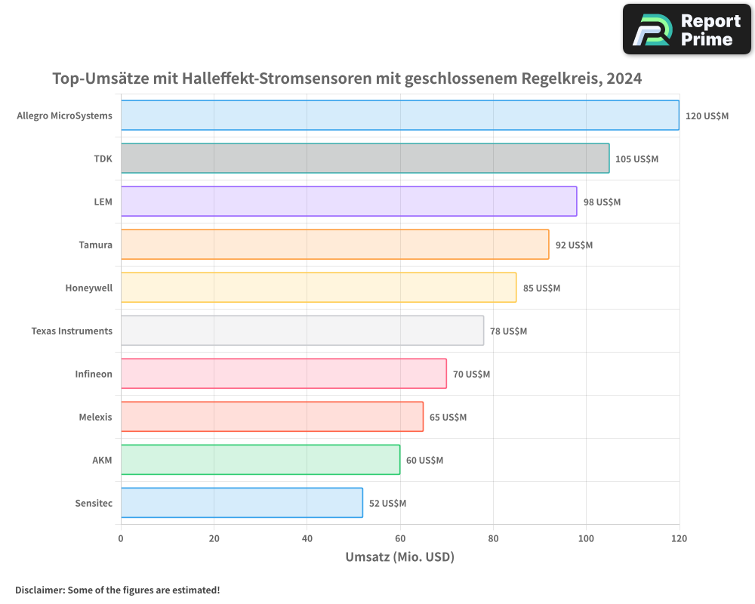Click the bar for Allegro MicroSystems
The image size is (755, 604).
400,116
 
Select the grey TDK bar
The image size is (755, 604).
365,159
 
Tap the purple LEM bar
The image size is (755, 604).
349,202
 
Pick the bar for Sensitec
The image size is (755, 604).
242,503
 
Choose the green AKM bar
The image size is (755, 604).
260,460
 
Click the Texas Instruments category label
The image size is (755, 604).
72,331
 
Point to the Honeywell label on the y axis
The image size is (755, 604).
89,288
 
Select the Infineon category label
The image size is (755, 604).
94,374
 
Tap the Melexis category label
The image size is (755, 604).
96,417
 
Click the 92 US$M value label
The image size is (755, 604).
574,245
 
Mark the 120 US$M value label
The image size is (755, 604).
707,116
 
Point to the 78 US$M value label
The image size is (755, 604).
509,331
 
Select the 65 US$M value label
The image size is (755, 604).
448,417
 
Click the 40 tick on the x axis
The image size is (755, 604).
307,538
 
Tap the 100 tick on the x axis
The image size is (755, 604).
587,538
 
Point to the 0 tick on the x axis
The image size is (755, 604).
121,538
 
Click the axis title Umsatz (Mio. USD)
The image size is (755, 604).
399,557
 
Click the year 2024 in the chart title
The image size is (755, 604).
622,79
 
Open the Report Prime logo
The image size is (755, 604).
687,29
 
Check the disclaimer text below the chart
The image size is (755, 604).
118,590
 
